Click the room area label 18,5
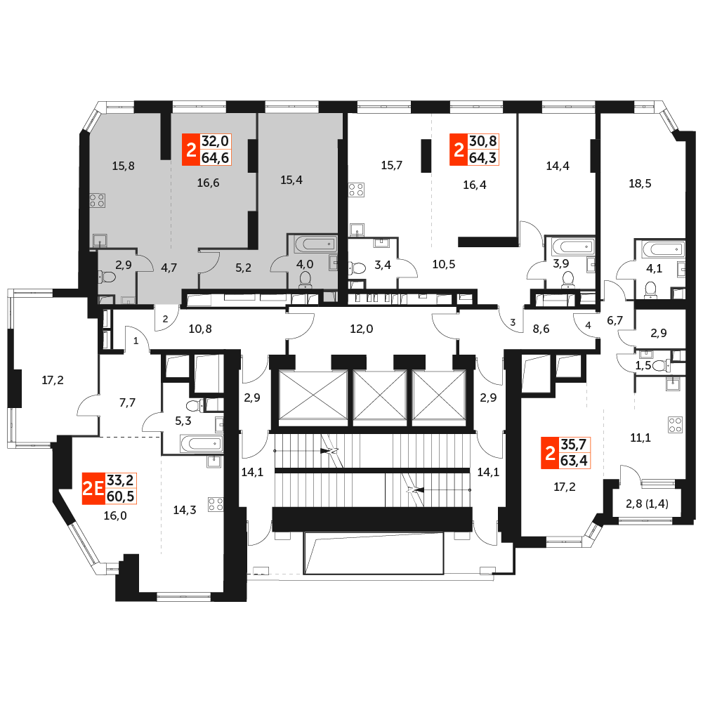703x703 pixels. click(x=640, y=183)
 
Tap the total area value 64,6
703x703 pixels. click(x=215, y=158)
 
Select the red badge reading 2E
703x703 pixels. click(x=93, y=488)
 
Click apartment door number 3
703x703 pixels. click(x=513, y=322)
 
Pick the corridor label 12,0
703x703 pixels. click(x=362, y=329)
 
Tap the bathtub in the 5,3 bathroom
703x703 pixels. click(x=202, y=444)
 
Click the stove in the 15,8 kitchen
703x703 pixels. click(x=98, y=200)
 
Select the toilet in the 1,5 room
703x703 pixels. click(x=660, y=365)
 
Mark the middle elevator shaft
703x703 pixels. click(x=380, y=397)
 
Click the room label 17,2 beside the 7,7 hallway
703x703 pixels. click(x=53, y=380)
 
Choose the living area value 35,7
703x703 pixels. click(x=574, y=445)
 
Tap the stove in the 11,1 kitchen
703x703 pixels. click(x=675, y=425)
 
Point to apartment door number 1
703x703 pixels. click(x=136, y=341)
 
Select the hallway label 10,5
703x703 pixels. click(x=443, y=264)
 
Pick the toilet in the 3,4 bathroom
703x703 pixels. click(x=357, y=268)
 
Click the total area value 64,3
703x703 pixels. click(x=482, y=158)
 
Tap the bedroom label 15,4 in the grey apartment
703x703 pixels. click(x=291, y=180)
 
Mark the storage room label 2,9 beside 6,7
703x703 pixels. click(x=658, y=333)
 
